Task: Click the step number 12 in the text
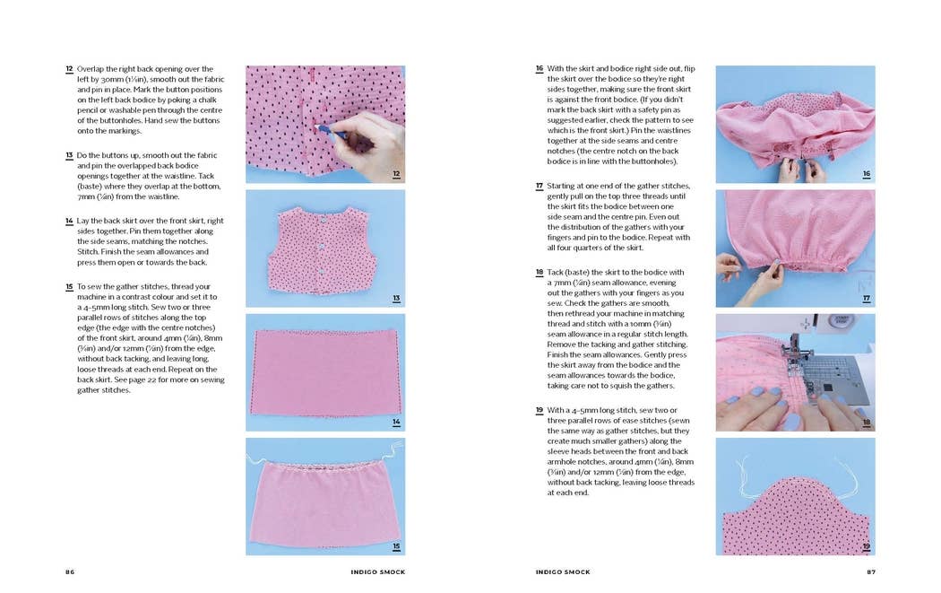click(x=69, y=69)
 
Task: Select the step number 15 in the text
click(x=69, y=287)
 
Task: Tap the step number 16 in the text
click(x=540, y=69)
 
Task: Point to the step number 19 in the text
click(x=540, y=410)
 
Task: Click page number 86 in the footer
click(x=70, y=571)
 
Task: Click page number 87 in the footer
click(x=870, y=571)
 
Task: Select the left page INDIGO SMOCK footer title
click(x=376, y=571)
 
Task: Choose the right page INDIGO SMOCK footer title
click(x=563, y=571)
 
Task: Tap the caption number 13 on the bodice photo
click(x=396, y=299)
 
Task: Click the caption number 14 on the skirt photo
click(x=396, y=423)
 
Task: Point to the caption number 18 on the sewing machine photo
click(x=867, y=423)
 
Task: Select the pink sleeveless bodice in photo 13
click(x=324, y=244)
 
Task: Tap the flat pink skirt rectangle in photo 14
click(x=324, y=371)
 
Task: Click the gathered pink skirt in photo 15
click(x=324, y=502)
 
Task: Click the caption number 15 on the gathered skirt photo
click(x=396, y=545)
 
